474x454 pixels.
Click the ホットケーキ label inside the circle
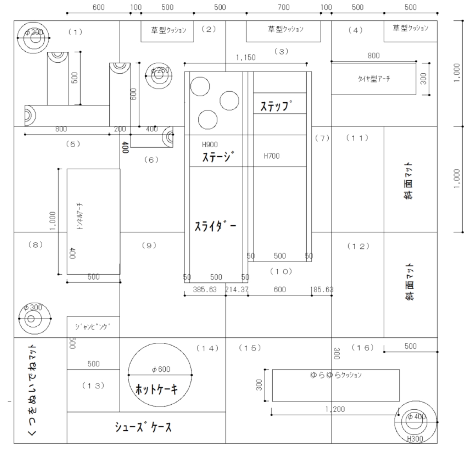pos(157,389)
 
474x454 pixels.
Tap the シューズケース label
pos(143,427)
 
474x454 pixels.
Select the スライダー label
pos(215,226)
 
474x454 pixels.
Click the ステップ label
pos(277,106)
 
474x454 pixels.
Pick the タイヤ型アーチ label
pos(374,79)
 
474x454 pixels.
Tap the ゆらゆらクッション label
pos(336,375)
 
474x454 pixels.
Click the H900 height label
pos(210,145)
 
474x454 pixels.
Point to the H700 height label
pos(271,156)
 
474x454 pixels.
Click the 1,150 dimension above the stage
pos(246,58)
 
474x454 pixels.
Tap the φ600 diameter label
pos(161,369)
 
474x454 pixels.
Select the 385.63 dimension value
pos(204,289)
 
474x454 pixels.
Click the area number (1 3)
pos(93,385)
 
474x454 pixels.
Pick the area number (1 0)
pos(281,271)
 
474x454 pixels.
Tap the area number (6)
pos(151,159)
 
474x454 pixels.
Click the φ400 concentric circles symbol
pos(416,422)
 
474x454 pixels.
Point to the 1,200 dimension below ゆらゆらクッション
pos(335,409)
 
